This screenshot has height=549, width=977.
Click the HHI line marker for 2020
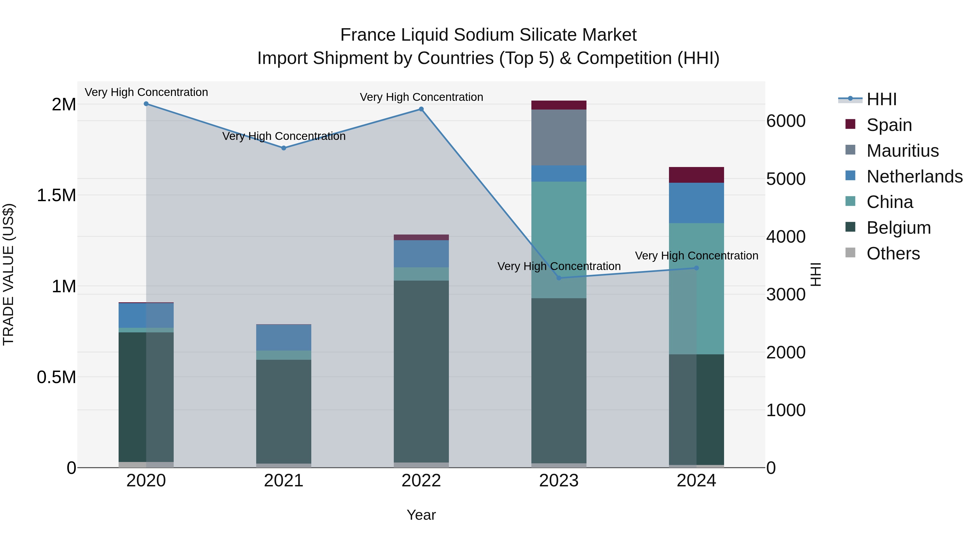[146, 104]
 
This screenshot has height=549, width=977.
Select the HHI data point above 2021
[284, 148]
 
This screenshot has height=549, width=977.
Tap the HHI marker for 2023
[559, 278]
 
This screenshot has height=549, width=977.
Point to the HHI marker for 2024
[696, 268]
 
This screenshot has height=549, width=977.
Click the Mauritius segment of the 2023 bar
[559, 137]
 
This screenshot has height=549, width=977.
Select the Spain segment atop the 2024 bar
[696, 175]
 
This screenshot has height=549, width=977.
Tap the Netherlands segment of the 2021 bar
[284, 338]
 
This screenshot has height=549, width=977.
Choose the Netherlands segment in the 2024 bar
[696, 203]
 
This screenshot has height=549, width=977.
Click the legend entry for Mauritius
[902, 151]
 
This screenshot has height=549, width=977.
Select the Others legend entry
[893, 253]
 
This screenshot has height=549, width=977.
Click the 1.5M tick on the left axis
[56, 195]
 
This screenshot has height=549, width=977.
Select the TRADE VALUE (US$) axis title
[8, 274]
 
